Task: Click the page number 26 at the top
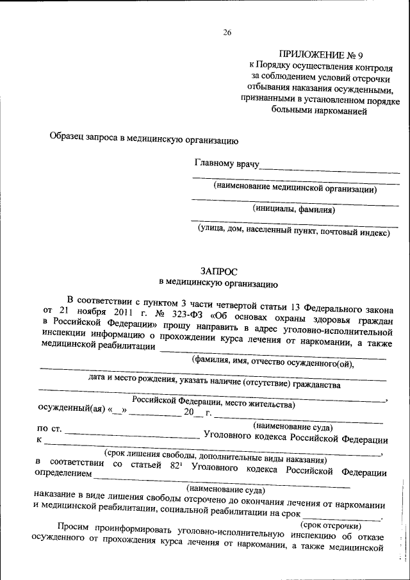[227, 33]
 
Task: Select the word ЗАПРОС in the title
[217, 271]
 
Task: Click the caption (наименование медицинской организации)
[295, 188]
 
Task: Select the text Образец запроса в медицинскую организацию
[144, 138]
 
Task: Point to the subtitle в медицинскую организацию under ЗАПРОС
[217, 282]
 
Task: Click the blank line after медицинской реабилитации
[272, 350]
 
